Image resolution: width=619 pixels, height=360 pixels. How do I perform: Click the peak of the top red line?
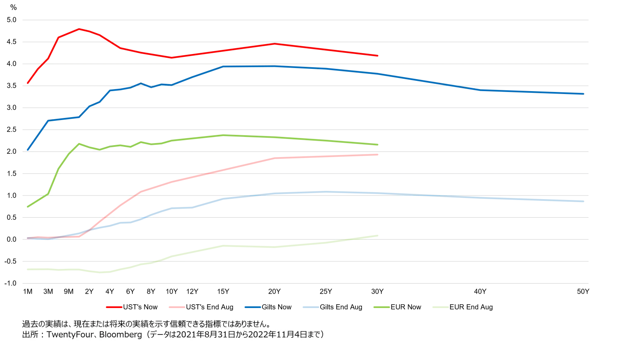pyautogui.click(x=79, y=29)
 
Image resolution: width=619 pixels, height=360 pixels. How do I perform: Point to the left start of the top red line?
pyautogui.click(x=28, y=83)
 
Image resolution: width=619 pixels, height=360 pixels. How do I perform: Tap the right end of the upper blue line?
pyautogui.click(x=583, y=94)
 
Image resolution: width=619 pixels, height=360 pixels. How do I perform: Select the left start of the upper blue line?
pyautogui.click(x=28, y=150)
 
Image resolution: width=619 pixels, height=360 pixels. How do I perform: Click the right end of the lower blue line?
pyautogui.click(x=583, y=202)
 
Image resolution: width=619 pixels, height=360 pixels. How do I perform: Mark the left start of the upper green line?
pyautogui.click(x=28, y=206)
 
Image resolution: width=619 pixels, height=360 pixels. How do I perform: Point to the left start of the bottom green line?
pyautogui.click(x=28, y=269)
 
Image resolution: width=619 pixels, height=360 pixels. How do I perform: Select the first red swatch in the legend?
pyautogui.click(x=114, y=307)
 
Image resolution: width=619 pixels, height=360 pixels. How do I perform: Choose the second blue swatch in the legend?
pyautogui.click(x=310, y=307)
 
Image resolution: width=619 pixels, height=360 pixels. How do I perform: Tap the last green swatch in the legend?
pyautogui.click(x=439, y=307)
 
